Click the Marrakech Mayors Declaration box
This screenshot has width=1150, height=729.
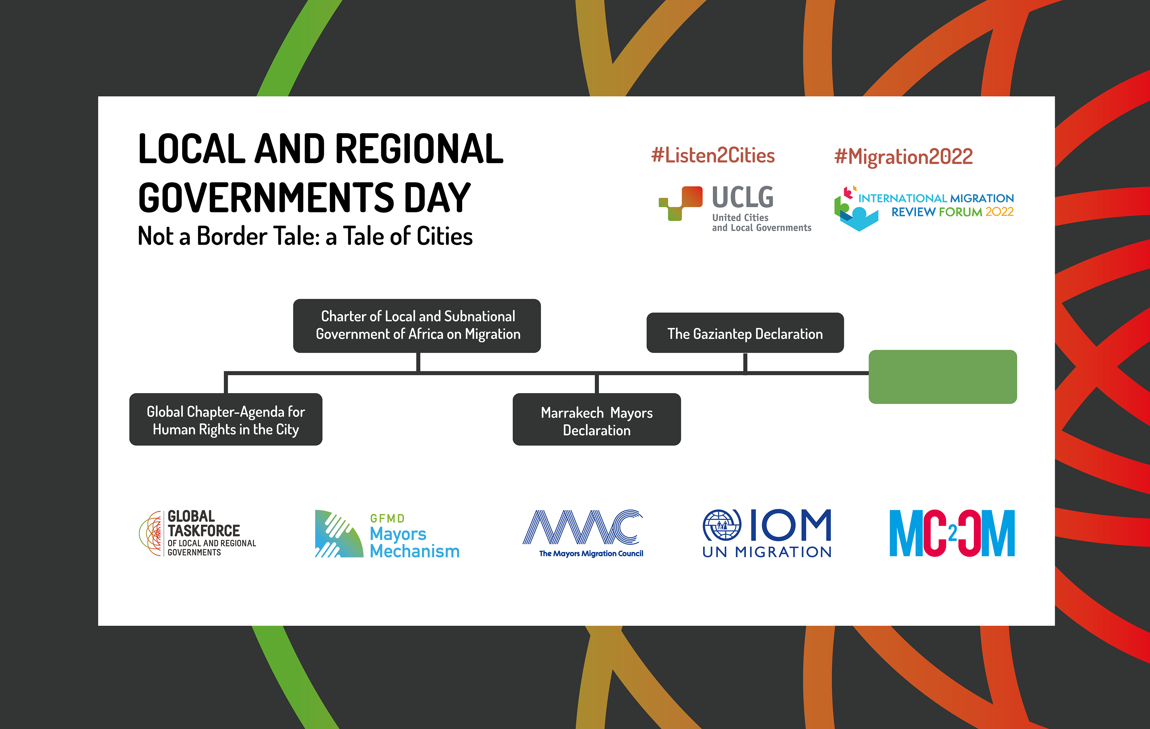tap(597, 420)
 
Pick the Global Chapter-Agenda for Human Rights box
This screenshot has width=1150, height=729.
tap(226, 420)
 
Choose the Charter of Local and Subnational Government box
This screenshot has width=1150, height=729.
tap(417, 326)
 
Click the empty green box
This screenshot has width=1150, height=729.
tap(942, 377)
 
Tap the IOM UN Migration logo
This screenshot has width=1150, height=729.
tap(766, 533)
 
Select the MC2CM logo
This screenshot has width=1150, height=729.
tap(952, 533)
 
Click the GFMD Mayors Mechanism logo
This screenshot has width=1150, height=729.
tap(387, 534)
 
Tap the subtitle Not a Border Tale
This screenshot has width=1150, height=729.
tap(305, 236)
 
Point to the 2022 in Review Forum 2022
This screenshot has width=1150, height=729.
tap(1000, 212)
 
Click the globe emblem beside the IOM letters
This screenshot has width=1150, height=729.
tap(722, 525)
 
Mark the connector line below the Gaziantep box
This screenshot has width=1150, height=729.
tap(745, 363)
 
